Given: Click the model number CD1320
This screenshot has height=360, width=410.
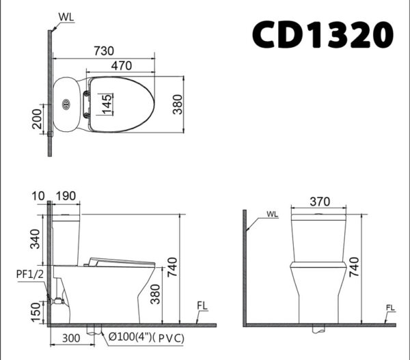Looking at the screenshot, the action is pyautogui.click(x=323, y=34).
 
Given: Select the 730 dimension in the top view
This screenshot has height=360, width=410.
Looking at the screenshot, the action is pyautogui.click(x=104, y=51).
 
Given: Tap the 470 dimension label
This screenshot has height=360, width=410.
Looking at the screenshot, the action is pyautogui.click(x=122, y=66).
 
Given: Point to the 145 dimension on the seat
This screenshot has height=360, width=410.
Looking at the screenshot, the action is pyautogui.click(x=107, y=105).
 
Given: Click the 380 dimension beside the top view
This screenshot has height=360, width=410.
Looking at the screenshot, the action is pyautogui.click(x=177, y=105).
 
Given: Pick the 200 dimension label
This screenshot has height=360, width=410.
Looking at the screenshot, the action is pyautogui.click(x=37, y=119).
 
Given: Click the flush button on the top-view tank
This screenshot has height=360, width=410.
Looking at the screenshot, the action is pyautogui.click(x=66, y=105).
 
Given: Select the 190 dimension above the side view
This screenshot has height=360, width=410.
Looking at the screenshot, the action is pyautogui.click(x=66, y=196).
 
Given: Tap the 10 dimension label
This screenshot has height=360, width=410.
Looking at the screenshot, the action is pyautogui.click(x=38, y=196).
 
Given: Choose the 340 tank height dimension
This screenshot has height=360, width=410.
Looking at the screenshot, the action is pyautogui.click(x=35, y=239).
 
